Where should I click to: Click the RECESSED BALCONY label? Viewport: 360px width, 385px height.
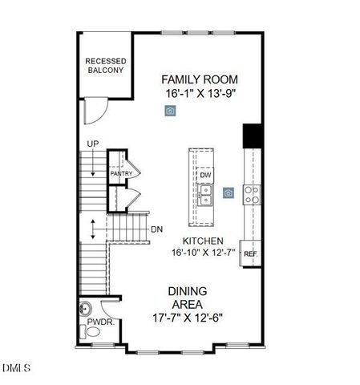[105, 66]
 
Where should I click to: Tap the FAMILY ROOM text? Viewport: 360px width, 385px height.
[200, 79]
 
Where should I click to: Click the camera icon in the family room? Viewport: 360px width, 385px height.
[170, 111]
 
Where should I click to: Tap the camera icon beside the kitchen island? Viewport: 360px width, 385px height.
[229, 192]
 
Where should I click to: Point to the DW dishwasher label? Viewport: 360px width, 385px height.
[206, 175]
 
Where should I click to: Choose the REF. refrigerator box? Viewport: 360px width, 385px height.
[250, 253]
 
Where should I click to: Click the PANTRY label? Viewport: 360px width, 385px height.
[121, 173]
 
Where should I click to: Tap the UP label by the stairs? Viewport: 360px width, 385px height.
[93, 144]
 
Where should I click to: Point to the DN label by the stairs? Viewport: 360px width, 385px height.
[156, 229]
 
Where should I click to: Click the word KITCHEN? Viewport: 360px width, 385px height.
[202, 241]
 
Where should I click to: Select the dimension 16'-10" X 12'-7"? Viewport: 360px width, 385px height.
[202, 253]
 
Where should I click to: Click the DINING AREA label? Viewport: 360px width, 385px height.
[187, 298]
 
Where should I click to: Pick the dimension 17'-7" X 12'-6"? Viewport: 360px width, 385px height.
[187, 317]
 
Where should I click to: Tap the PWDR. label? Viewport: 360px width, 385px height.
[99, 322]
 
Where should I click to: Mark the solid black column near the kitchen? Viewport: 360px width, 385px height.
[253, 135]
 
